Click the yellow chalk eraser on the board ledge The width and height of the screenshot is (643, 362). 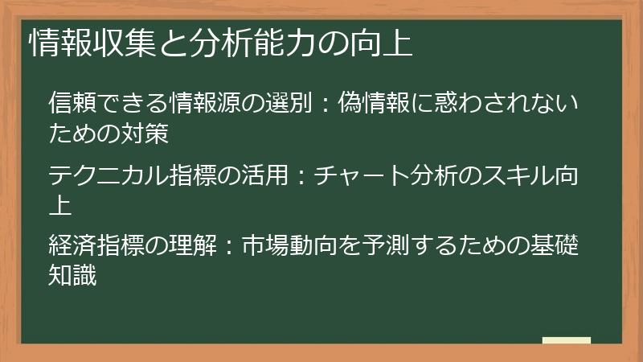coord(567,341)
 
